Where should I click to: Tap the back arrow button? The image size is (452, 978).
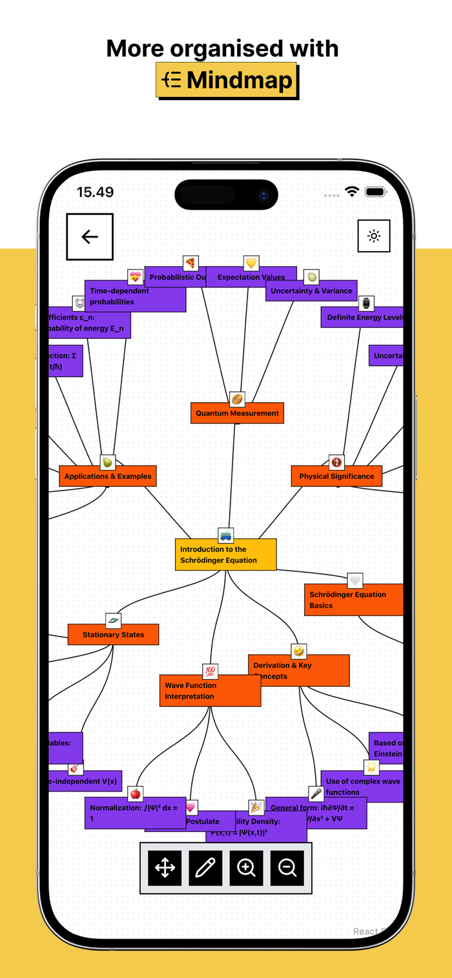(90, 237)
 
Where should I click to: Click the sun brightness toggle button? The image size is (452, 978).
(374, 236)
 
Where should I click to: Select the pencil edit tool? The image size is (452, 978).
(205, 868)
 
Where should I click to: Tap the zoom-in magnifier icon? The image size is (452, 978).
(246, 868)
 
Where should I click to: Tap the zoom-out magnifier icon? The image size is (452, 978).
(287, 868)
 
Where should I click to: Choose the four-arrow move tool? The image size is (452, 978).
(165, 868)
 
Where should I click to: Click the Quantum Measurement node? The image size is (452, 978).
(237, 413)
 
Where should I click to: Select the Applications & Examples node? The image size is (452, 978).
(108, 476)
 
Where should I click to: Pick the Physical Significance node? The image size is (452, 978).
(336, 476)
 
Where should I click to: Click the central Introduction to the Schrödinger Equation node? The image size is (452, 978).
(225, 555)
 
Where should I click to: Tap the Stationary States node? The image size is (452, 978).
(113, 635)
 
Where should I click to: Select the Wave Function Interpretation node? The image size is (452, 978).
(210, 691)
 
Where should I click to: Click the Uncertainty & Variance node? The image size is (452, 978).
(311, 290)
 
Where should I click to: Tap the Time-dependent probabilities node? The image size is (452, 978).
(135, 296)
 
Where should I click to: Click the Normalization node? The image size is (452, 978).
(135, 813)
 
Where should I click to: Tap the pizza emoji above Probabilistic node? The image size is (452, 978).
(190, 263)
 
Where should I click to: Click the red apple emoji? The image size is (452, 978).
(135, 793)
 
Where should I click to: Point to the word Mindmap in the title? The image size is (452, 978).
(240, 80)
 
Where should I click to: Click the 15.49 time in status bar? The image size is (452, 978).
(95, 192)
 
